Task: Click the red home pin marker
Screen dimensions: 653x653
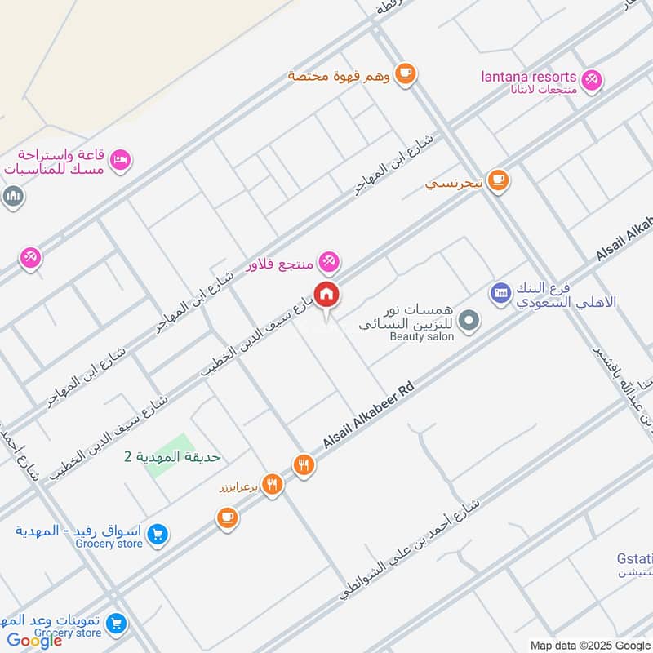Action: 326,295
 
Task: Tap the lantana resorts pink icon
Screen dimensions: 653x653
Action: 593,78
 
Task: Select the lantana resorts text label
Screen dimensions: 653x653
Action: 528,77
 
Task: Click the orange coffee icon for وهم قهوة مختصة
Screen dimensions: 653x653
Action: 405,74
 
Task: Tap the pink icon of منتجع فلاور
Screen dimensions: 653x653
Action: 329,262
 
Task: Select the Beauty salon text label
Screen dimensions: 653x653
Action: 421,336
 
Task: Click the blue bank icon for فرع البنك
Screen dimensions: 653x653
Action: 500,291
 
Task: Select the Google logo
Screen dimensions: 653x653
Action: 34,641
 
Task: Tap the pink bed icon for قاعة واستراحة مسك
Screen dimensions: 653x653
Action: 120,160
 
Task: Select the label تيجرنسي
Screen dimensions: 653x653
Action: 455,184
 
